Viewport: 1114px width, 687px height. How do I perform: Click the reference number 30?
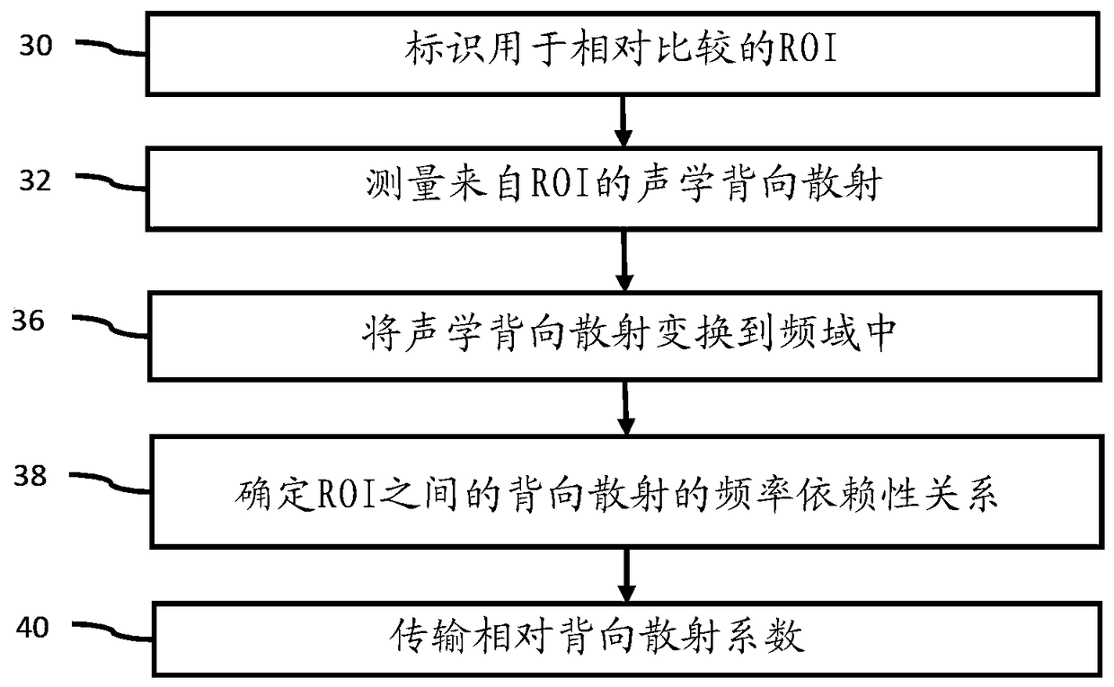coord(36,46)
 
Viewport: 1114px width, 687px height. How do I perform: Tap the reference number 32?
coord(35,181)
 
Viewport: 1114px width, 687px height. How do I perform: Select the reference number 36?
coord(29,321)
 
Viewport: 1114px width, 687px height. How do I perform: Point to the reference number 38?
coord(30,476)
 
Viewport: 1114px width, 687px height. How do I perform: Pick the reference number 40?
coord(32,628)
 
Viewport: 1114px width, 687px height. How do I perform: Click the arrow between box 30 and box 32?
coord(623,121)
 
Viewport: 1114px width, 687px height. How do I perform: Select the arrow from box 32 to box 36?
coord(624,260)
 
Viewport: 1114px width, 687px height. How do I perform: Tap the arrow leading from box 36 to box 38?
coord(625,408)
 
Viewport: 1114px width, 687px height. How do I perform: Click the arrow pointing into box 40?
coord(626,575)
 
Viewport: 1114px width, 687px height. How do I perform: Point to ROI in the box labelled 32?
coord(561,184)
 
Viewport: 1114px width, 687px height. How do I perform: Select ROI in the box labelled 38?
coord(347,494)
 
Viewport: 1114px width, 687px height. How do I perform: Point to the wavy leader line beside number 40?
coord(113,631)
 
